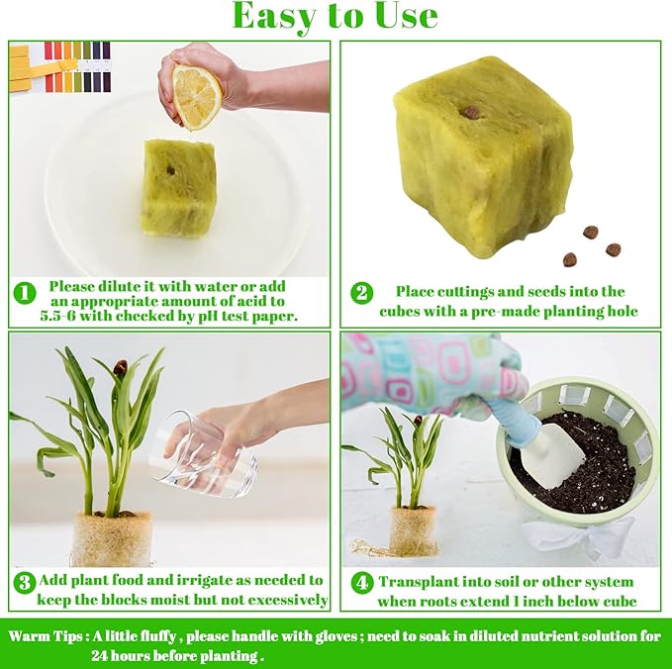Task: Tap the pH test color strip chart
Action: [x=59, y=65]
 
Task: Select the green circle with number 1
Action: [x=24, y=293]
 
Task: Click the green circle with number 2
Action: [x=361, y=293]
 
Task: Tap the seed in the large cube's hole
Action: [x=472, y=112]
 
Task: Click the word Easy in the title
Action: [x=282, y=17]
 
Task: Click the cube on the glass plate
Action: [x=178, y=188]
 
